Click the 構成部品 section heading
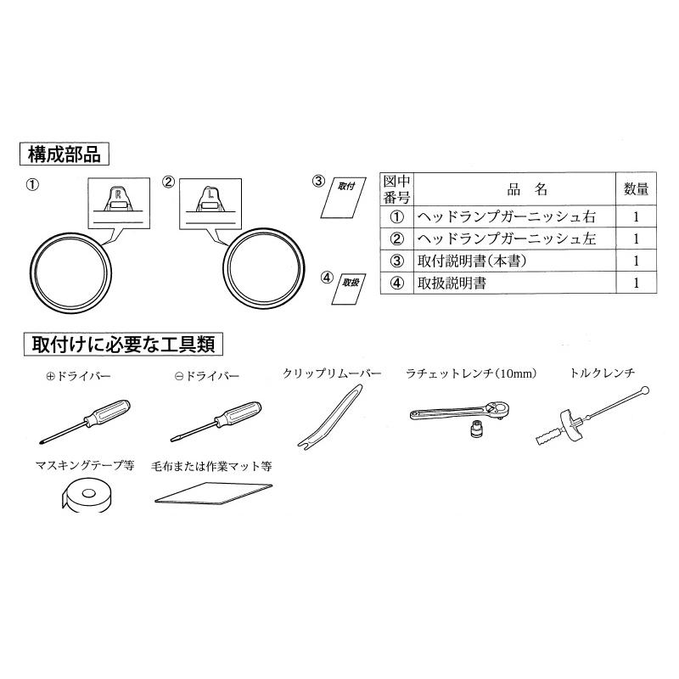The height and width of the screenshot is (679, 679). pyautogui.click(x=64, y=154)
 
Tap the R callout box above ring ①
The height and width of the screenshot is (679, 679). pyautogui.click(x=119, y=202)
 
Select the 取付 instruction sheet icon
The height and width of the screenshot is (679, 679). pyautogui.click(x=344, y=195)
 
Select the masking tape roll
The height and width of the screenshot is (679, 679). pyautogui.click(x=86, y=493)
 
